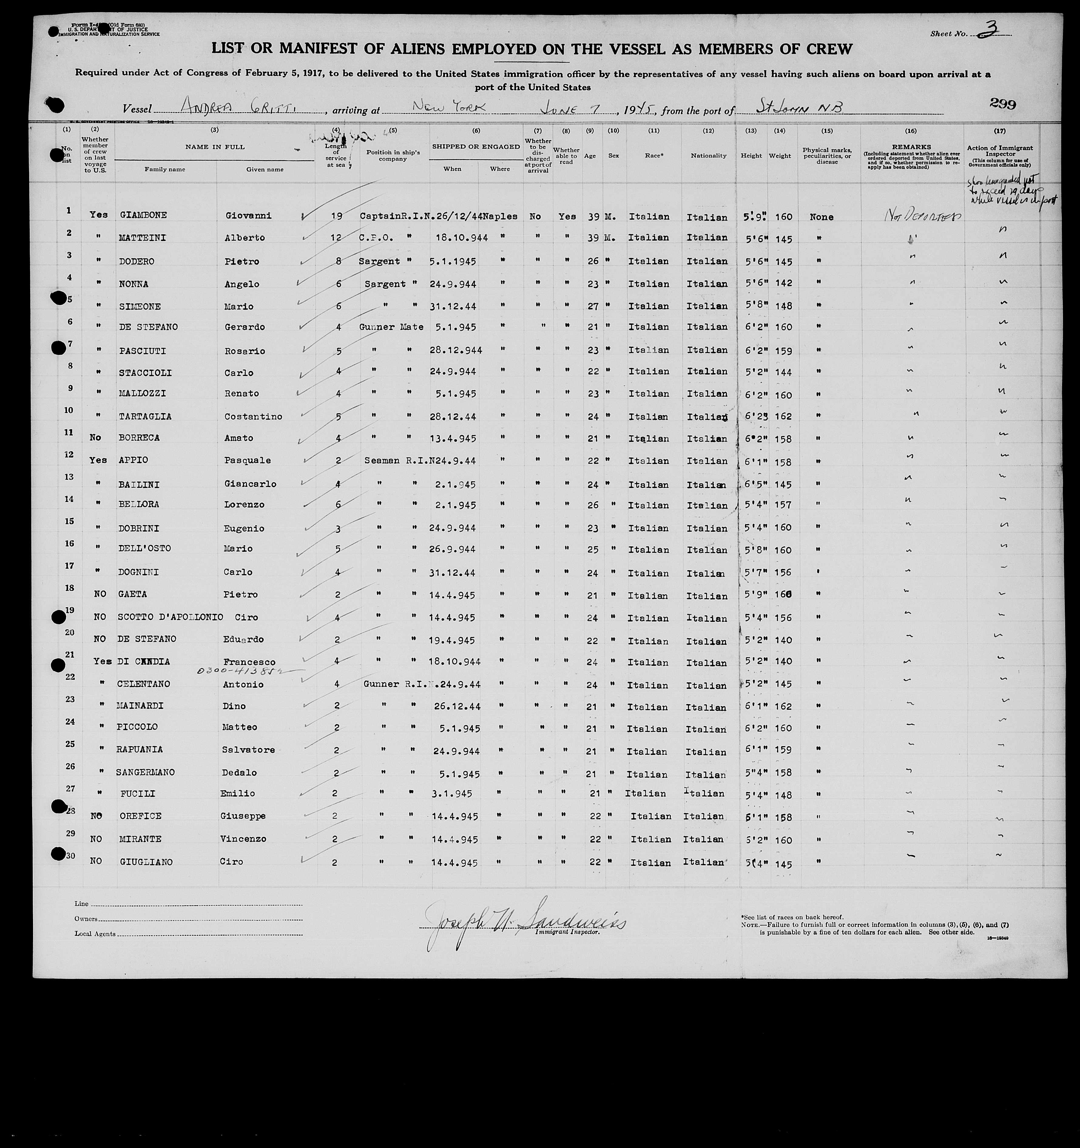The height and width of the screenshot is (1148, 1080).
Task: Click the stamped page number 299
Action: (1003, 104)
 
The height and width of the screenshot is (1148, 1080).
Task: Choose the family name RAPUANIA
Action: (139, 750)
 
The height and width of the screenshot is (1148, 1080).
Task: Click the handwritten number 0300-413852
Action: (242, 672)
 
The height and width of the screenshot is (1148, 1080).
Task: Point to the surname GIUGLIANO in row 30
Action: (147, 862)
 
